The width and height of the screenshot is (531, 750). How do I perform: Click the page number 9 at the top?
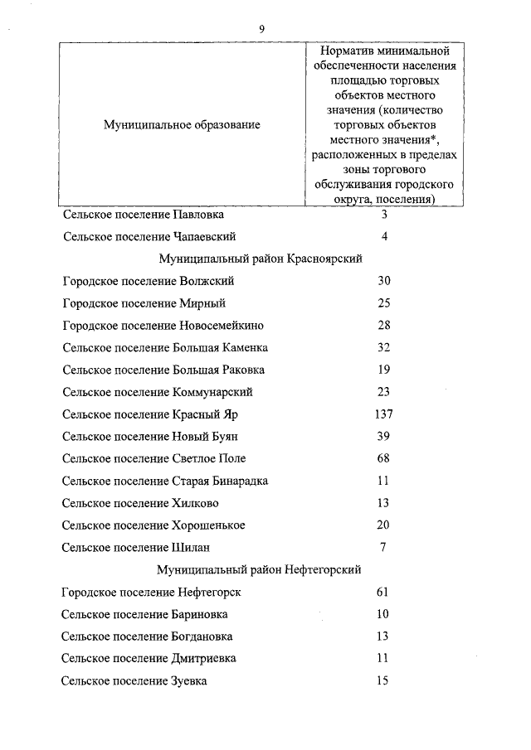click(261, 28)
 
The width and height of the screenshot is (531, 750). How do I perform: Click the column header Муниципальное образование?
click(181, 124)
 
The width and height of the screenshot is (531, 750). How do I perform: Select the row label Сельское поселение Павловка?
click(143, 214)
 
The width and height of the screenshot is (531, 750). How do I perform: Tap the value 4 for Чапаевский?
click(384, 236)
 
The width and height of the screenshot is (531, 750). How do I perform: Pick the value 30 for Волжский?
click(383, 281)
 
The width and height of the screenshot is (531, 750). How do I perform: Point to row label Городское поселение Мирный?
click(144, 303)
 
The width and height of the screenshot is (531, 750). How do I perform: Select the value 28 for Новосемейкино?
click(383, 326)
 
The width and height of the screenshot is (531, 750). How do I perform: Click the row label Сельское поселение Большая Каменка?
click(164, 347)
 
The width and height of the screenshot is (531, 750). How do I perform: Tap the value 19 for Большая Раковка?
click(383, 370)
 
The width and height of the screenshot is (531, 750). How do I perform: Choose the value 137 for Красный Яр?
click(383, 414)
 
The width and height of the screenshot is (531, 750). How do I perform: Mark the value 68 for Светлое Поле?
click(383, 458)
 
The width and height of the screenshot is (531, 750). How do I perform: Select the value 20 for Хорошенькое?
click(383, 525)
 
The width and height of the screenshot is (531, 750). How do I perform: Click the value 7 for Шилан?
click(383, 548)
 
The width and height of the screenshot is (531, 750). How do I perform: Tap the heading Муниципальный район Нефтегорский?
click(260, 570)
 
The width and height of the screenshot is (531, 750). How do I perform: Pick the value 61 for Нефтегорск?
click(382, 593)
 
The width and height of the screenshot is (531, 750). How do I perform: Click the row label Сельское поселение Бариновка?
click(144, 615)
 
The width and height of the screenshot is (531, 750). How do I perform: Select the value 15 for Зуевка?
click(382, 681)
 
